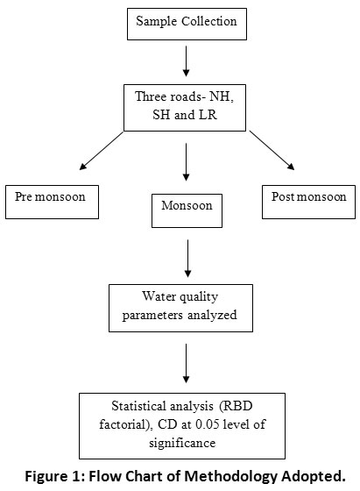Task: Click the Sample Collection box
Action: [x=187, y=25]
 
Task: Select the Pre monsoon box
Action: [x=52, y=202]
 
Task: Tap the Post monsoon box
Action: [x=308, y=202]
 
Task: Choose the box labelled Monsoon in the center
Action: [x=187, y=210]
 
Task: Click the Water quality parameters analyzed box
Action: [x=180, y=308]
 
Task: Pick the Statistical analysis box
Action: [x=182, y=426]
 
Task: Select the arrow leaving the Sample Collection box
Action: [x=186, y=61]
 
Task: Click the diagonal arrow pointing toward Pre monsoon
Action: [x=102, y=151]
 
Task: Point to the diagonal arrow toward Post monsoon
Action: [x=272, y=150]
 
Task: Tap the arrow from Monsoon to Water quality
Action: [x=187, y=259]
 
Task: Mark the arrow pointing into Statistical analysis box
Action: [x=186, y=363]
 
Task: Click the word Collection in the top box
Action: [x=209, y=21]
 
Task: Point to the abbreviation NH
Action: [x=222, y=96]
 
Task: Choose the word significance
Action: [x=182, y=443]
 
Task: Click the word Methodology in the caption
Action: [x=231, y=477]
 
